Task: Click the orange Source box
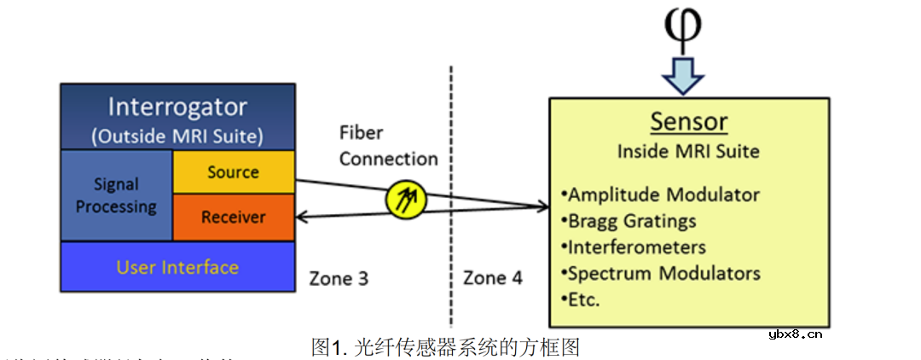coord(233,172)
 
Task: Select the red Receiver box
coord(233,218)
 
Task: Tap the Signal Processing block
coord(116,195)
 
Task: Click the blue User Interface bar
coord(177,267)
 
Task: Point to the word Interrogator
coord(177,107)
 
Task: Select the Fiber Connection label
coord(388,146)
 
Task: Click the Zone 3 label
coord(339,278)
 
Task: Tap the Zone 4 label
coord(493,278)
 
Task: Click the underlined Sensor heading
coord(689,121)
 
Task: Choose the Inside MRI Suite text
coord(689,152)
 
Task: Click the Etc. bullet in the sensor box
coord(583,300)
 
